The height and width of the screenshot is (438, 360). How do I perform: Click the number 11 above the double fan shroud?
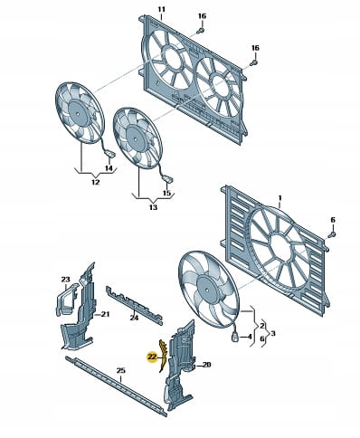pyautogui.click(x=161, y=9)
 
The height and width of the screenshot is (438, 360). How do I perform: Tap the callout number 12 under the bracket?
pyautogui.click(x=95, y=182)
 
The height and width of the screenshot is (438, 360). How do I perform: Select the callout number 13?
pyautogui.click(x=153, y=207)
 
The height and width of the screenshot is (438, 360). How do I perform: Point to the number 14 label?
pyautogui.click(x=109, y=168)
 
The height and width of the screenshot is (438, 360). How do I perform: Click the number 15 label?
pyautogui.click(x=166, y=193)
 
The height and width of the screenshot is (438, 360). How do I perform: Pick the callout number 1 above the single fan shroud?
pyautogui.click(x=279, y=198)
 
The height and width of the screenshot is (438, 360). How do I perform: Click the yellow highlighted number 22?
pyautogui.click(x=152, y=357)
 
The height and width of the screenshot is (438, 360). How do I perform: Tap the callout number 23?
pyautogui.click(x=65, y=280)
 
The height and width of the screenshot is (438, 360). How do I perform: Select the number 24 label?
pyautogui.click(x=134, y=318)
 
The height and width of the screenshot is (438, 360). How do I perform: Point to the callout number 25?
pyautogui.click(x=120, y=370)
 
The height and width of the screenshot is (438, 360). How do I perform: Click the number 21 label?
pyautogui.click(x=105, y=314)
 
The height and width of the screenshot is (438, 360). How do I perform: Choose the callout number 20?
pyautogui.click(x=206, y=365)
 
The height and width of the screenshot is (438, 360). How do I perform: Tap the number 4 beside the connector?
pyautogui.click(x=249, y=336)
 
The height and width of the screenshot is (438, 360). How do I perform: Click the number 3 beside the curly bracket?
pyautogui.click(x=273, y=333)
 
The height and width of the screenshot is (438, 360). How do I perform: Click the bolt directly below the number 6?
pyautogui.click(x=332, y=234)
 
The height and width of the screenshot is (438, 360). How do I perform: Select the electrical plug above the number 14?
pyautogui.click(x=110, y=154)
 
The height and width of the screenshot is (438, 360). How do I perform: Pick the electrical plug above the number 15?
pyautogui.click(x=167, y=180)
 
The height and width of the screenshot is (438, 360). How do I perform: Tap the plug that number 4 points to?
pyautogui.click(x=235, y=337)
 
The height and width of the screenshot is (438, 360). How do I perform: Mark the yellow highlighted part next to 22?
pyautogui.click(x=162, y=356)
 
